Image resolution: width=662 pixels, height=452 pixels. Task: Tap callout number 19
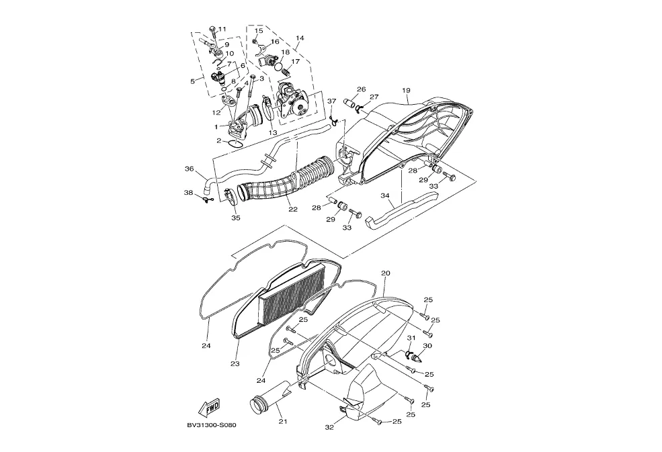(406, 91)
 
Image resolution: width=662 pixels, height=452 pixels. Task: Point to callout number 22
(293, 209)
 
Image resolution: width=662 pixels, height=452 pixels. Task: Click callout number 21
(283, 422)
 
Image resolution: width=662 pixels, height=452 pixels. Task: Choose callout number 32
(329, 427)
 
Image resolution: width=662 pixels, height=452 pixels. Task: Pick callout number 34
(386, 196)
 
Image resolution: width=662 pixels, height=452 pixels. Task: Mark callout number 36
(189, 169)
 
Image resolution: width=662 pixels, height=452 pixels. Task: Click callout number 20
(385, 273)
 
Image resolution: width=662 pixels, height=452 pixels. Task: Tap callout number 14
(300, 38)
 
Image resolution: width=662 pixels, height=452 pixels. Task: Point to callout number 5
(192, 81)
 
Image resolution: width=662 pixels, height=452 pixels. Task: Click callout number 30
(427, 346)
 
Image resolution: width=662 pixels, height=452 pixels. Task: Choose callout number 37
(331, 101)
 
